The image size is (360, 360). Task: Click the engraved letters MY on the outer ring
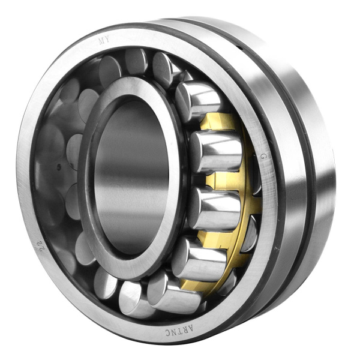coord(103,41)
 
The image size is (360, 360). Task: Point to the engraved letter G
coord(262,157)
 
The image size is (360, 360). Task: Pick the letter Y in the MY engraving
coord(107,40)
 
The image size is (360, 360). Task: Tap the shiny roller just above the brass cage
coord(198,99)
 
